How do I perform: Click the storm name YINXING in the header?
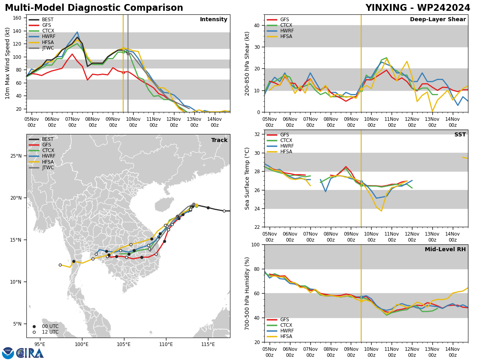386,8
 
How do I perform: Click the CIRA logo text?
30,353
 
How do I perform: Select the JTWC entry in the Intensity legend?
48,48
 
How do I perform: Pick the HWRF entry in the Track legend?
48,156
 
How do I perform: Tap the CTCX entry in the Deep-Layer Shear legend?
286,25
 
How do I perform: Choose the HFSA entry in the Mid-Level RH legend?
286,336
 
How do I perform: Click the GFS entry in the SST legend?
284,135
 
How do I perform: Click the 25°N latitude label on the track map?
16,156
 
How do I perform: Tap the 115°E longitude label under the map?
208,344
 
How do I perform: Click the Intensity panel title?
214,19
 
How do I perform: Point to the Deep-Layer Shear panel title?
438,19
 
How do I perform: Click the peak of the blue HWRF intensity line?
77,32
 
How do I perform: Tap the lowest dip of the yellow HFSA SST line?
381,211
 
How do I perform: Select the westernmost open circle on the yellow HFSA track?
60,265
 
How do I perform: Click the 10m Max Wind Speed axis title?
7,63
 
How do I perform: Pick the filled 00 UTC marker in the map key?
34,326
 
